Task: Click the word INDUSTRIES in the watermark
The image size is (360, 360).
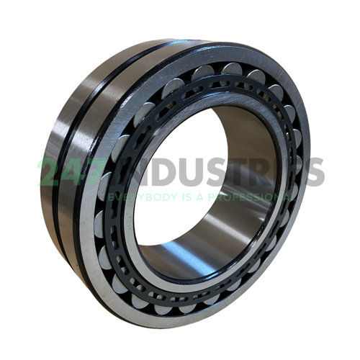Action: point(216,171)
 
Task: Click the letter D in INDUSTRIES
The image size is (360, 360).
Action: point(153,171)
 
